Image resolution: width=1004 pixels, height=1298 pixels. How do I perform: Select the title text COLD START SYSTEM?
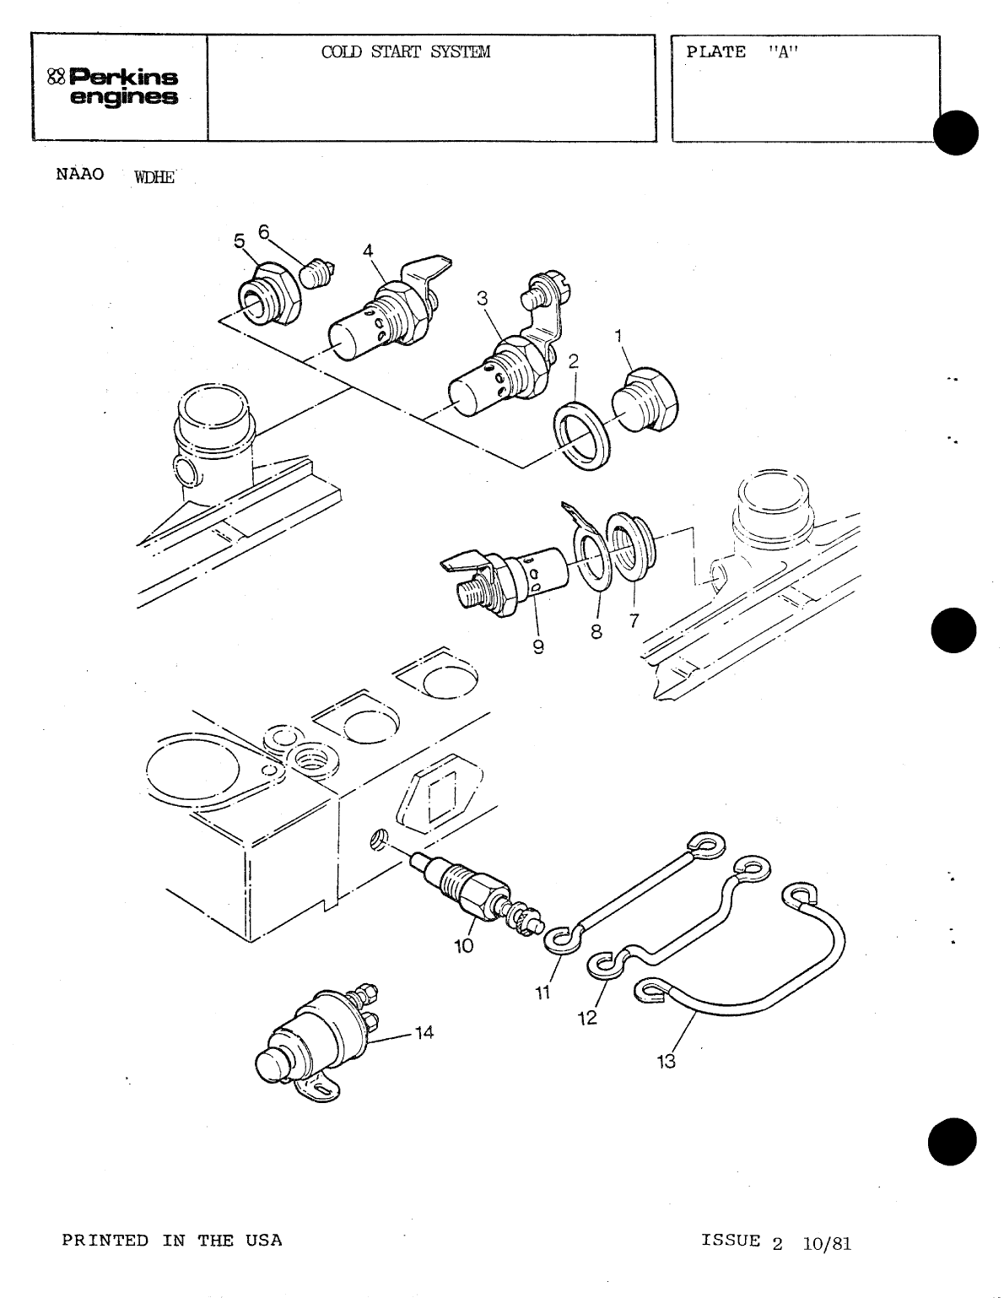(x=405, y=52)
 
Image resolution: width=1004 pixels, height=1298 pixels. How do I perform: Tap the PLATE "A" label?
(x=742, y=52)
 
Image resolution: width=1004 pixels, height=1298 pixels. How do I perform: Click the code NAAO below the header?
(x=80, y=175)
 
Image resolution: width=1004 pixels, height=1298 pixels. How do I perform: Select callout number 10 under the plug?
(x=464, y=946)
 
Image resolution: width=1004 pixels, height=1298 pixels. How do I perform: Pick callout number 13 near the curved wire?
(x=667, y=1062)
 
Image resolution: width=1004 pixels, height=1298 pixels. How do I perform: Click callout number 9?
(x=537, y=648)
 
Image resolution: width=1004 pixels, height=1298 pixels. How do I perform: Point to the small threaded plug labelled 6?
(x=316, y=273)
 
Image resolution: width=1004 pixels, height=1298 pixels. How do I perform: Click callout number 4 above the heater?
(x=368, y=250)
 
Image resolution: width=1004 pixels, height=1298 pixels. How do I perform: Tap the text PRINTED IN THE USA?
(x=172, y=1240)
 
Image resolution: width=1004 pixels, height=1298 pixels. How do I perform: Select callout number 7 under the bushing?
(x=634, y=621)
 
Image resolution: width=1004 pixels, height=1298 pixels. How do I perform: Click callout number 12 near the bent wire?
(x=587, y=1018)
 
